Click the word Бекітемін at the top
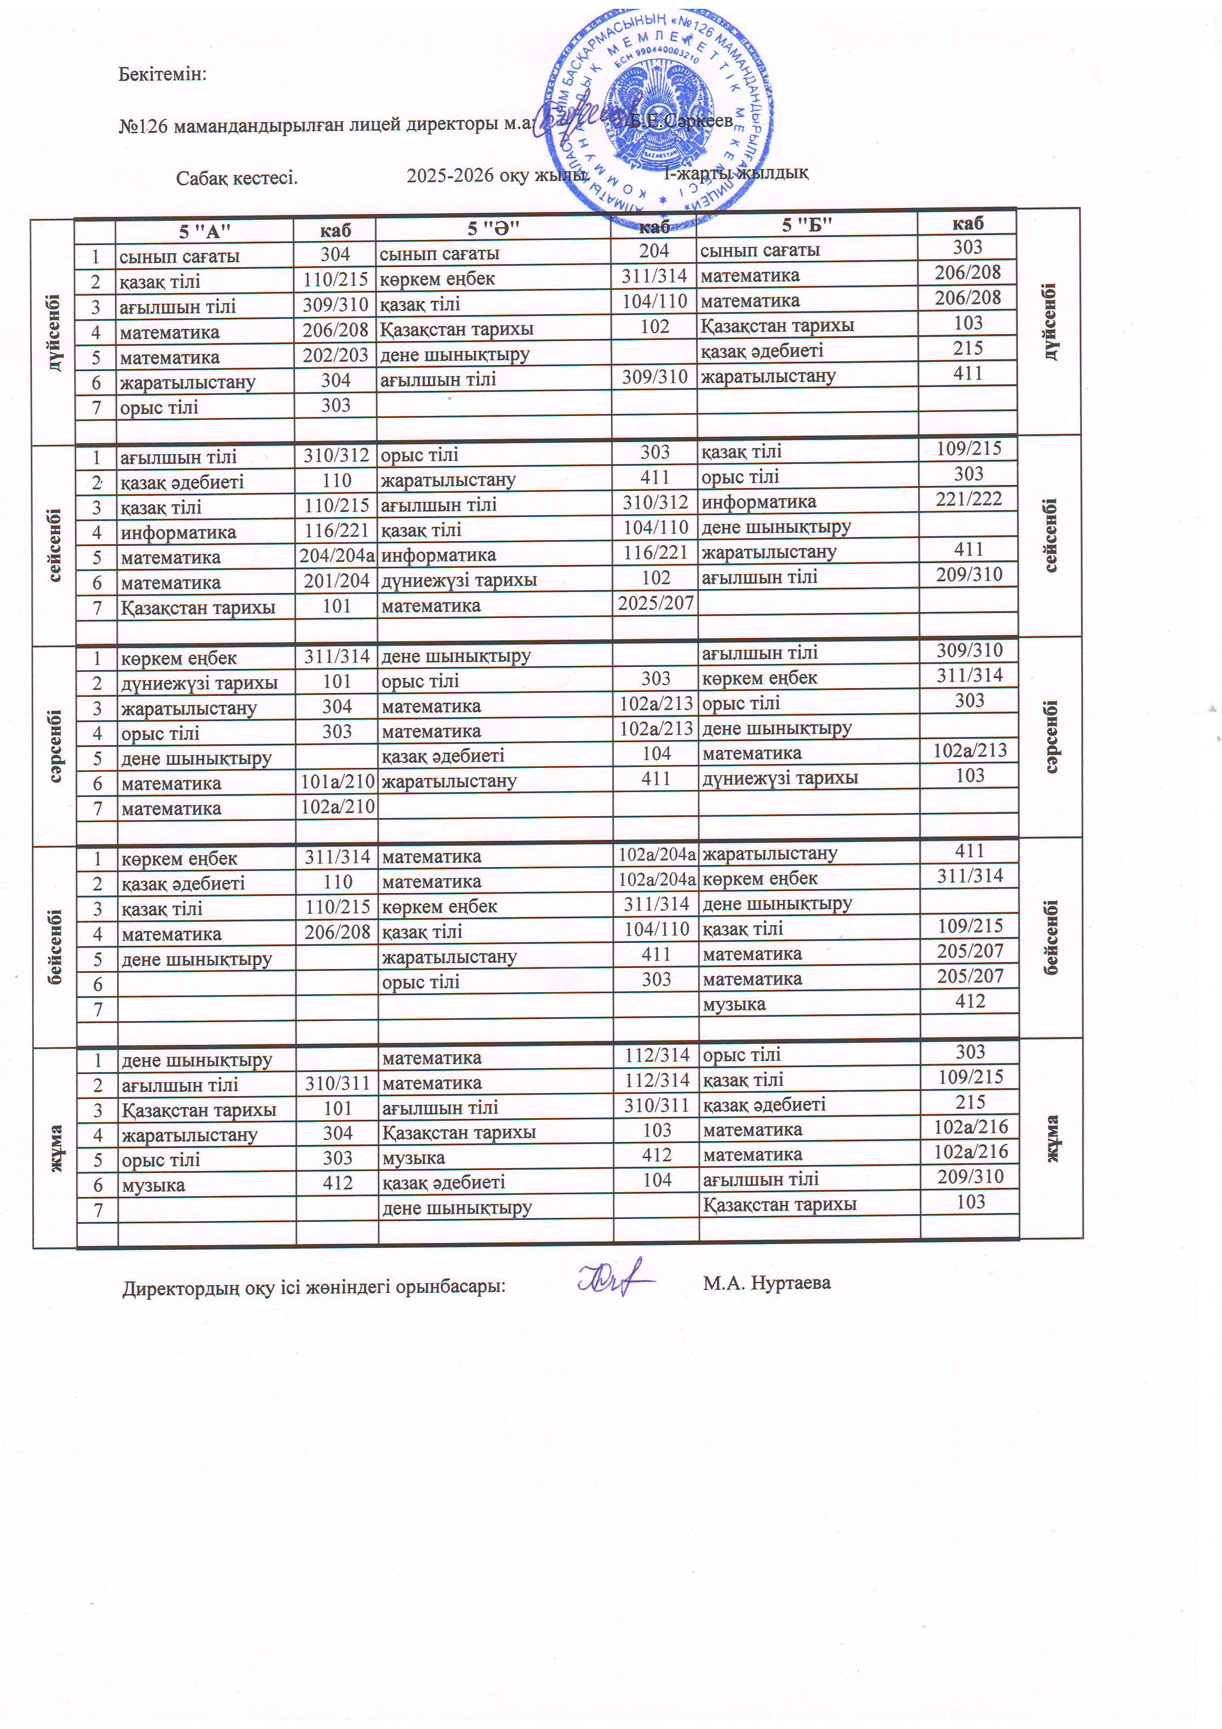[162, 74]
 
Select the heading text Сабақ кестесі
[237, 178]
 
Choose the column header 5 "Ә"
[493, 227]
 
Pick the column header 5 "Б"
[807, 224]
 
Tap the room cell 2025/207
[655, 602]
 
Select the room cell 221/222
[968, 498]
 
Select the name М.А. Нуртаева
[767, 1282]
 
